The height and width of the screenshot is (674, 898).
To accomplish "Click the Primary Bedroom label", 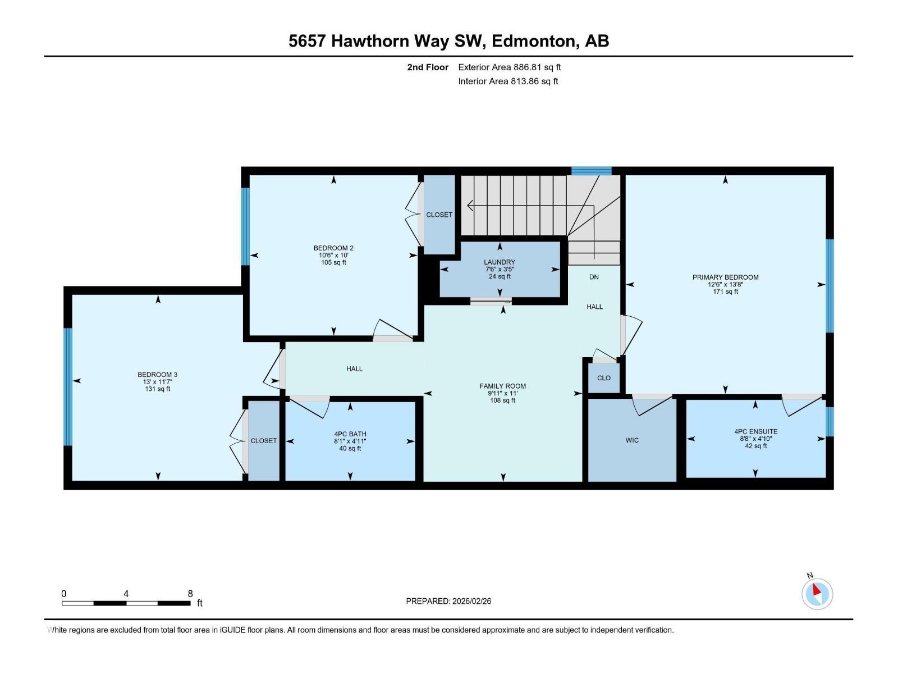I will pos(725,277).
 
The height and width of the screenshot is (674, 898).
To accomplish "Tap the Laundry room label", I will pos(500,262).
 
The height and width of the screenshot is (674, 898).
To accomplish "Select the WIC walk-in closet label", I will pos(632,440).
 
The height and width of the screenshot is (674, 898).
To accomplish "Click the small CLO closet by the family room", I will pos(604,378).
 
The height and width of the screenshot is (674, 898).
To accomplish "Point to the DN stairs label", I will pos(594,277).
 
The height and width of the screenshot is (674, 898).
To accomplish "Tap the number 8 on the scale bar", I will pos(190,594).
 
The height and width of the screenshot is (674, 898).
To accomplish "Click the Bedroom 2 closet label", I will pos(439,215).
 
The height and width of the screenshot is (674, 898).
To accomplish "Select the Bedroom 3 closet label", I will pos(263,441).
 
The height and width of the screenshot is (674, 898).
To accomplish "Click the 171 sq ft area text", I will pos(725,292).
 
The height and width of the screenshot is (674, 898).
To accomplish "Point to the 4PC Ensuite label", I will pos(755,431).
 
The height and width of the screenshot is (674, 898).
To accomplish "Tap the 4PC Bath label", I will pos(350,434).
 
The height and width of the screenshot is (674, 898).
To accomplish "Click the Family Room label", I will pos(502,386).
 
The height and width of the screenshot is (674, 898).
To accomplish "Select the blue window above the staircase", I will pos(591,171).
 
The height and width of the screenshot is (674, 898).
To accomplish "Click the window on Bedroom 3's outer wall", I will pos(68,386).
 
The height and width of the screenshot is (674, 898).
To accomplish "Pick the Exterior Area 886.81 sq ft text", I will pos(509,67).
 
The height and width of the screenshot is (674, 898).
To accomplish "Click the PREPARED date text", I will pos(448,601).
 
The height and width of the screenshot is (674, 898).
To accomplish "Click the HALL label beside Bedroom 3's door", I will pos(354,369).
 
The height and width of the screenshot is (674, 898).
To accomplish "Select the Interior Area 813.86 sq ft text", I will pos(508,81).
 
